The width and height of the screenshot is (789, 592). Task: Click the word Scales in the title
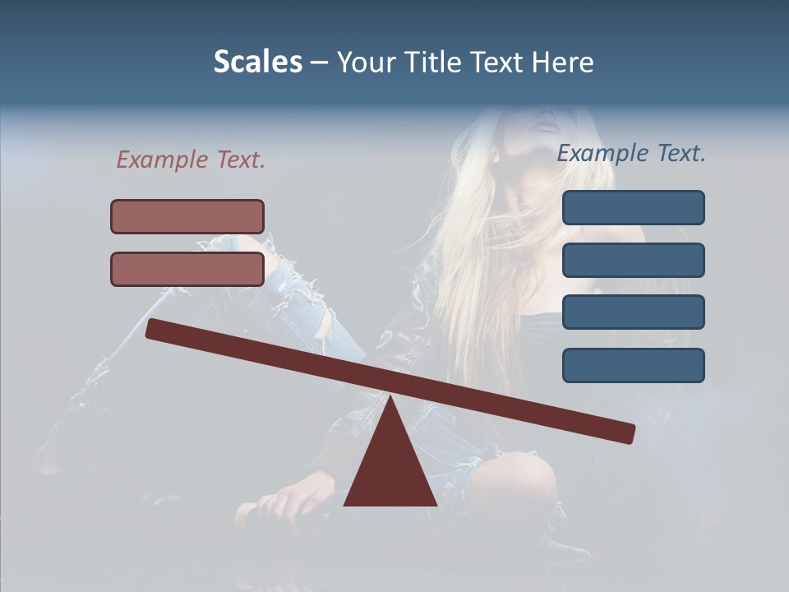tap(257, 62)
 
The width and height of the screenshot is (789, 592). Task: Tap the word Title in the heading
tap(430, 62)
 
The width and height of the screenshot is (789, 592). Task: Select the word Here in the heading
tap(563, 62)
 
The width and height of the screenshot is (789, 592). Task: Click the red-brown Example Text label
tap(191, 160)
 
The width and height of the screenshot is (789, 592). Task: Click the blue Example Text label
tap(631, 153)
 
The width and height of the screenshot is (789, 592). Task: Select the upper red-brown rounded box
tap(187, 216)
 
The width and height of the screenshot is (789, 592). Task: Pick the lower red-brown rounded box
tap(187, 269)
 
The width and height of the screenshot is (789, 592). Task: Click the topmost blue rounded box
tap(633, 207)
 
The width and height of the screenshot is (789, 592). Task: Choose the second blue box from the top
tap(633, 260)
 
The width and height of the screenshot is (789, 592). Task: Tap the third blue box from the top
tap(633, 312)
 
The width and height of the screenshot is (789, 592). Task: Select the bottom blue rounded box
tap(633, 365)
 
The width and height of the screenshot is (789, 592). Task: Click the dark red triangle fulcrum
tap(390, 469)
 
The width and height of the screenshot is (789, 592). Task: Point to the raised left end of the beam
tap(153, 328)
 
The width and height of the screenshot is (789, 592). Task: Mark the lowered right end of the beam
tap(628, 432)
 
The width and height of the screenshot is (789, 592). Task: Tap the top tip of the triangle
tap(390, 397)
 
